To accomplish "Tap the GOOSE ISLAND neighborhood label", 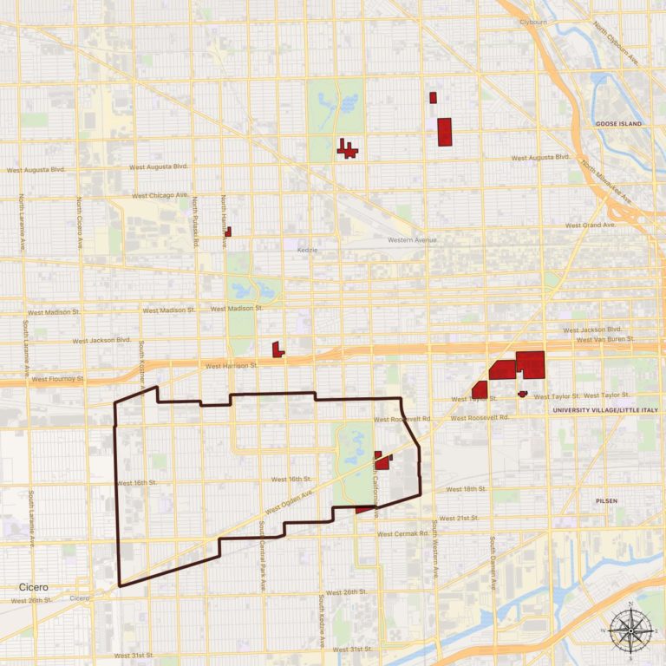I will click(618, 124).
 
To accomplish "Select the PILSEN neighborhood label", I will click(606, 501).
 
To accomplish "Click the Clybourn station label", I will click(532, 22).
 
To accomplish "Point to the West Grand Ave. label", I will click(590, 225).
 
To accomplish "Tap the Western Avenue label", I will click(412, 240).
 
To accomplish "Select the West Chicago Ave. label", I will click(160, 196).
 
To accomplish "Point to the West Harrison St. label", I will click(232, 366).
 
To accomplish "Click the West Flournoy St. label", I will click(56, 379).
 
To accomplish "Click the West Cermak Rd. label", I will click(402, 533).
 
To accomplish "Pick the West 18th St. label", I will click(467, 489).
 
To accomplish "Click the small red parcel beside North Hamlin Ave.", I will click(227, 232).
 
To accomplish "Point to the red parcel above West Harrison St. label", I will click(277, 349).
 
